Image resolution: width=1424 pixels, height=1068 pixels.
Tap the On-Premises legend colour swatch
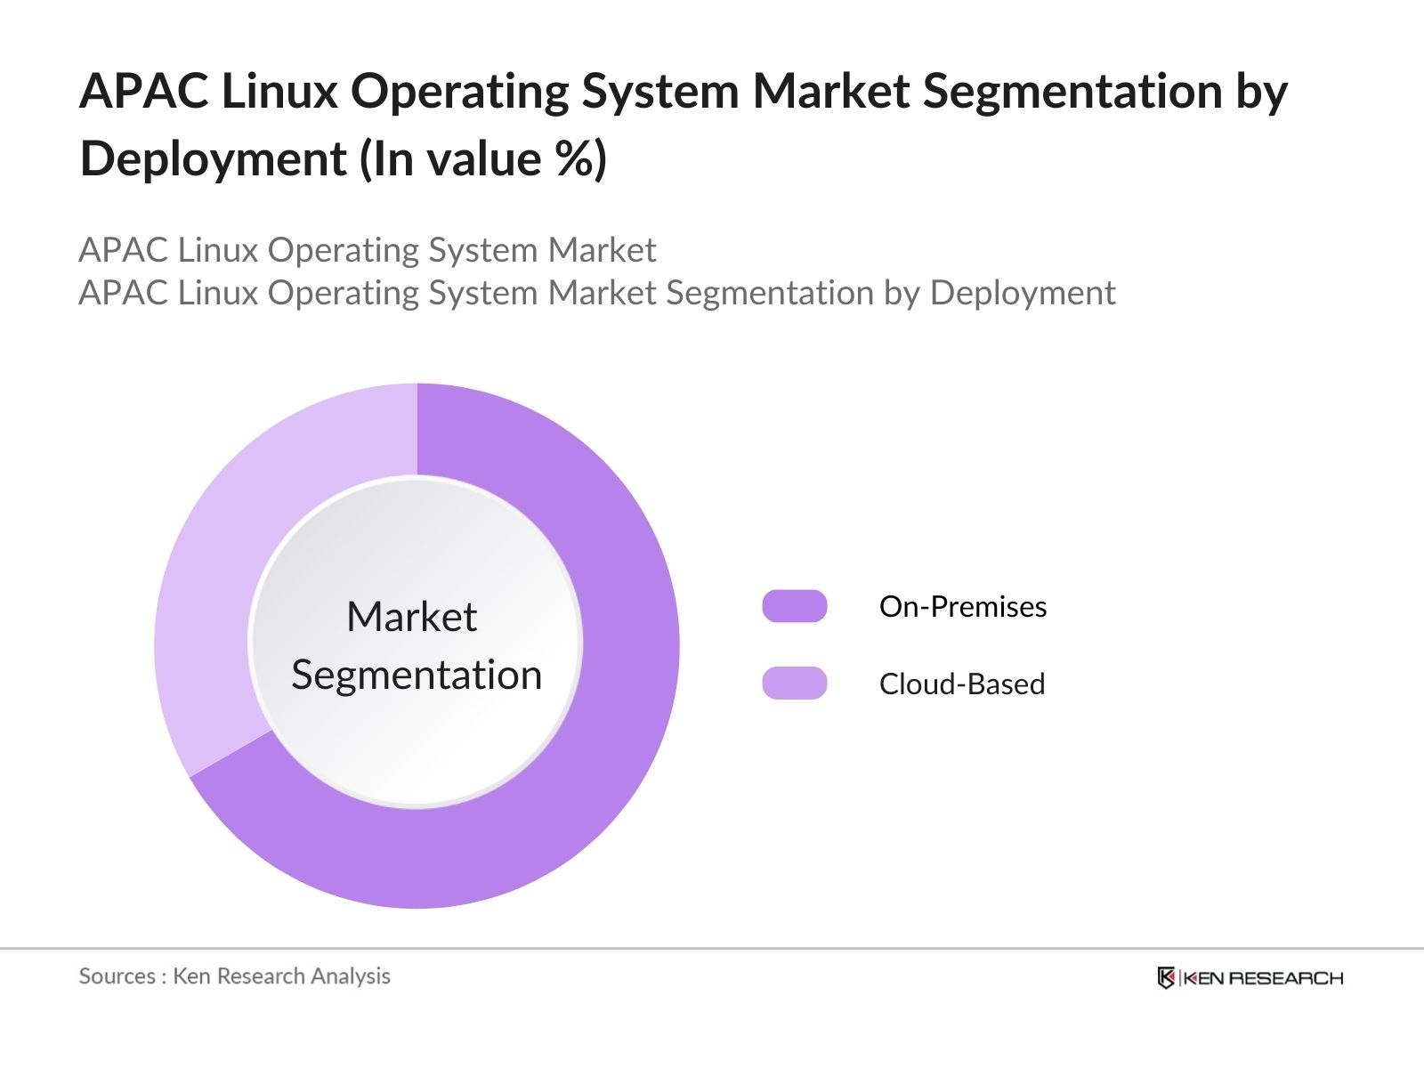tap(795, 606)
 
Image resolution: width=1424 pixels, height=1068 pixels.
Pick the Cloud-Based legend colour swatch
tap(795, 684)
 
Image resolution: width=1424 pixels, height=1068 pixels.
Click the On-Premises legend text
tap(963, 607)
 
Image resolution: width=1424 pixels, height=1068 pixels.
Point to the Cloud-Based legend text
tap(962, 684)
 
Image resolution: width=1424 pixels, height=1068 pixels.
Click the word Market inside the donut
tap(412, 617)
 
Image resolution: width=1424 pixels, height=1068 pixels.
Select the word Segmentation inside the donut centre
tap(417, 675)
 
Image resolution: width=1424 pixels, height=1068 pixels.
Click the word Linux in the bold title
tap(279, 92)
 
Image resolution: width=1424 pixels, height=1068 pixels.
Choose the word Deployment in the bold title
tap(213, 160)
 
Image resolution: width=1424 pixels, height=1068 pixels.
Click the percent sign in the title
tap(570, 159)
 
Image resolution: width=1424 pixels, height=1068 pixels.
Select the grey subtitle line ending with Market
tap(367, 250)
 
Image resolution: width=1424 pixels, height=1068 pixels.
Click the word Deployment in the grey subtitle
tap(1022, 293)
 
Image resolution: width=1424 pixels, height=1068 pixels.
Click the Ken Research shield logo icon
tap(1166, 978)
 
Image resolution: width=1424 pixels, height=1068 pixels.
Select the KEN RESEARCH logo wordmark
tap(1263, 978)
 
